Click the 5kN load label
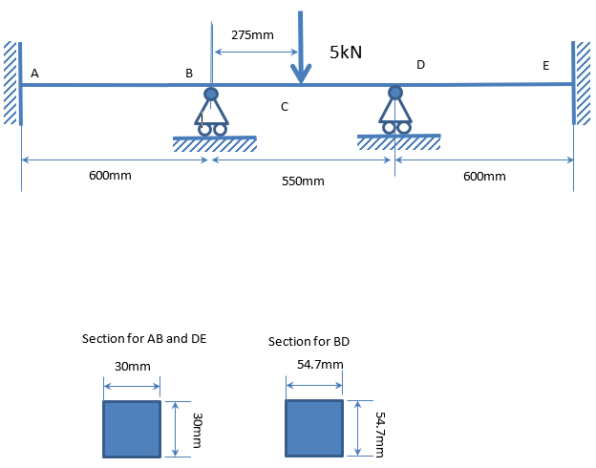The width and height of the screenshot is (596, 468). [346, 53]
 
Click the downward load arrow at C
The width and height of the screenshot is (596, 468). [301, 48]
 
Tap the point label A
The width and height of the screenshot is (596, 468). [34, 73]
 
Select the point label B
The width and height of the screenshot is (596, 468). [189, 73]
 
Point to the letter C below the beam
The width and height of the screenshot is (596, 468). [285, 108]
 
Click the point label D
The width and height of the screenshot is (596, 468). [420, 64]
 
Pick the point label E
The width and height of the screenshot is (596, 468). [545, 66]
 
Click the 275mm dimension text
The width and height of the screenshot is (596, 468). [252, 34]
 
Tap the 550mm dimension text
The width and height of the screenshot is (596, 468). [304, 180]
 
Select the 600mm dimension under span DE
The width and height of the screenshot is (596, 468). [483, 176]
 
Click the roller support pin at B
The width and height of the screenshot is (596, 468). [211, 94]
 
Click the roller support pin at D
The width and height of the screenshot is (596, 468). [395, 93]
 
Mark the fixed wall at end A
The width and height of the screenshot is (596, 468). [11, 83]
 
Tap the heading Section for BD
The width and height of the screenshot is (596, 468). [302, 341]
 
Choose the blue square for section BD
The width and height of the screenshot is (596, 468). [314, 429]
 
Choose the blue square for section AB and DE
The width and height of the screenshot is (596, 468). [132, 429]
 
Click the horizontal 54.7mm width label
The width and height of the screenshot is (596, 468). [320, 364]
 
